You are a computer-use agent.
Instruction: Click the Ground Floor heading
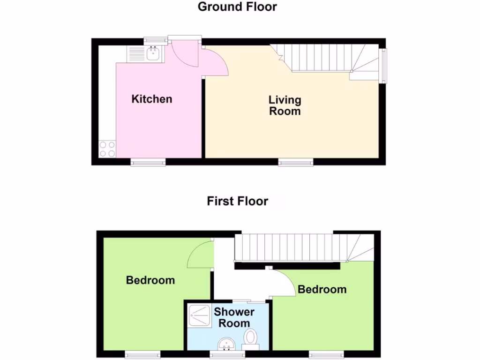pyautogui.click(x=237, y=7)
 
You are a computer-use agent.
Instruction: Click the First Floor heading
pyautogui.click(x=237, y=202)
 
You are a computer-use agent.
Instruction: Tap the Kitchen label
pyautogui.click(x=152, y=99)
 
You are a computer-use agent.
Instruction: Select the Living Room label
pyautogui.click(x=285, y=105)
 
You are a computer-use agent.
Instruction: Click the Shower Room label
pyautogui.click(x=234, y=317)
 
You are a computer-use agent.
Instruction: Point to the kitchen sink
pyautogui.click(x=153, y=53)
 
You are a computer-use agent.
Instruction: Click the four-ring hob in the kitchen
pyautogui.click(x=107, y=149)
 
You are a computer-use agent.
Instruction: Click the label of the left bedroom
pyautogui.click(x=150, y=280)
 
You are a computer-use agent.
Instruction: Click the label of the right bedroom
pyautogui.click(x=322, y=289)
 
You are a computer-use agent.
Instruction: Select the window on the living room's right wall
pyautogui.click(x=384, y=65)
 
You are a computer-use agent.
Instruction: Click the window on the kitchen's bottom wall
pyautogui.click(x=148, y=162)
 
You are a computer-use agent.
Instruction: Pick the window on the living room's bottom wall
pyautogui.click(x=296, y=162)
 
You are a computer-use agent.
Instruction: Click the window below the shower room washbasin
pyautogui.click(x=227, y=354)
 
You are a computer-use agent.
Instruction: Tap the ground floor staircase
pyautogui.click(x=328, y=59)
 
